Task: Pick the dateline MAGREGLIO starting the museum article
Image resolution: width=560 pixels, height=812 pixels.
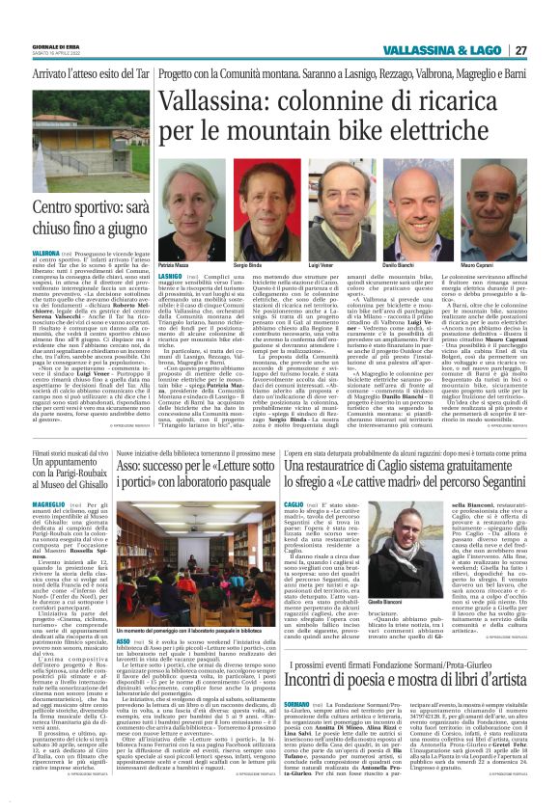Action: [x=26, y=502]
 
